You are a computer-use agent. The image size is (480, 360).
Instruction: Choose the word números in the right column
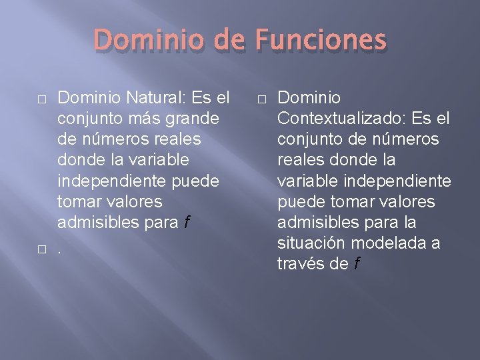pyautogui.click(x=405, y=140)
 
